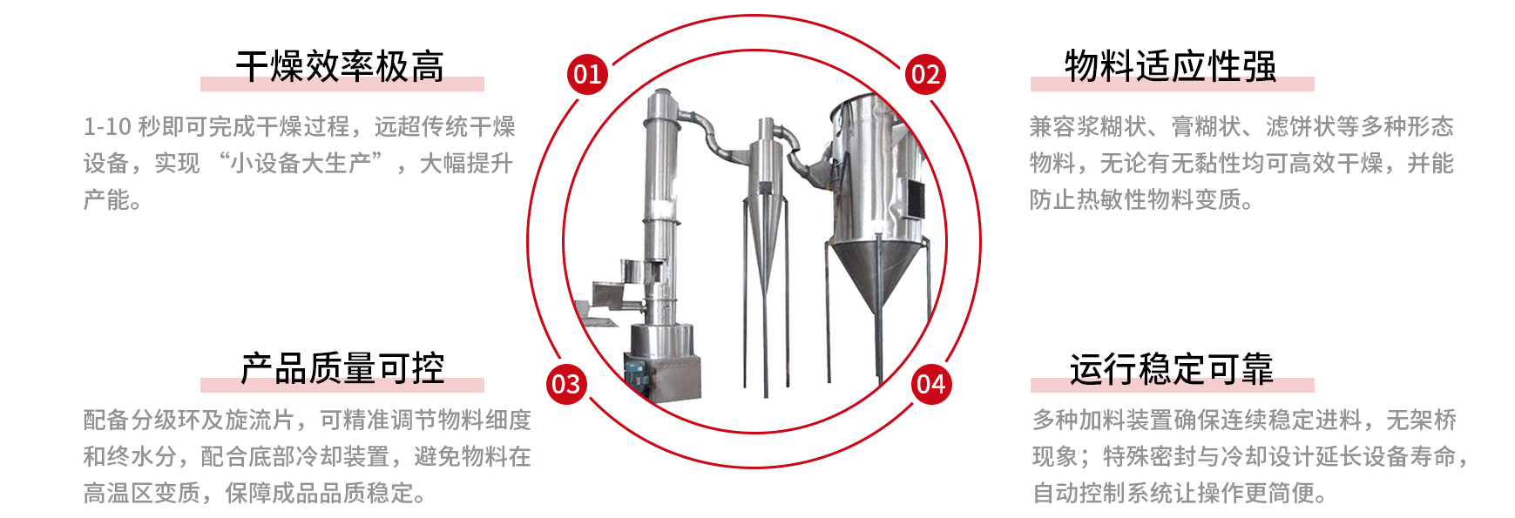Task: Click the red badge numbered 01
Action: [x=587, y=74]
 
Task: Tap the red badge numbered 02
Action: [x=925, y=74]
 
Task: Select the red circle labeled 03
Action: [x=566, y=384]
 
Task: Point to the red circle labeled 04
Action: [x=931, y=384]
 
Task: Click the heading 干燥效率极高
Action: [x=341, y=67]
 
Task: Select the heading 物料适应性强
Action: [x=1171, y=67]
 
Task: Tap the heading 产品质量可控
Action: [x=342, y=368]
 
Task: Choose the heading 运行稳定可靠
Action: [x=1172, y=368]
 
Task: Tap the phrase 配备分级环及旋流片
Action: [x=189, y=420]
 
